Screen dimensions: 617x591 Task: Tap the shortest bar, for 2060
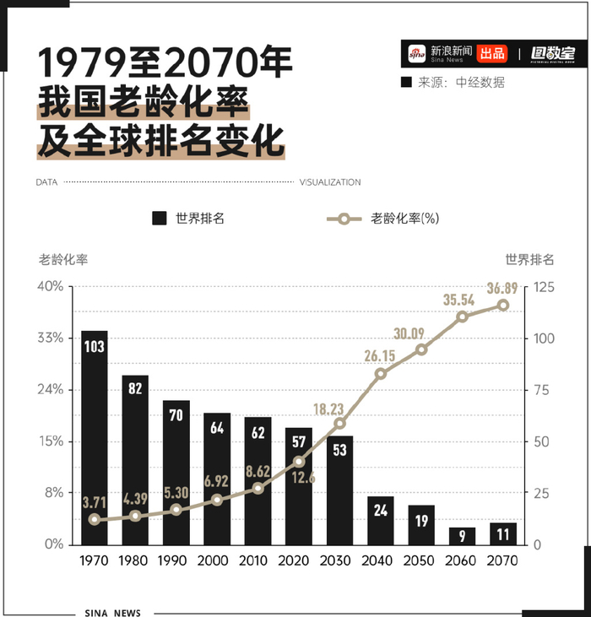(462, 536)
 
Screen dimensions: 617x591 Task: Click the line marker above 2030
(340, 423)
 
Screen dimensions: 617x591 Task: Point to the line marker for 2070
(503, 305)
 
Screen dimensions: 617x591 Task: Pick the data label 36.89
(503, 288)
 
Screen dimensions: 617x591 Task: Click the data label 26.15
(380, 355)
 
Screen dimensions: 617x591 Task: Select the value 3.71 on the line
(95, 503)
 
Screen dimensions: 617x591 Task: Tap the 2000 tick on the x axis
(217, 560)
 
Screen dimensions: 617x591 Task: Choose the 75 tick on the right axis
(540, 390)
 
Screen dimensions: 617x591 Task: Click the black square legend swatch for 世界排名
(159, 219)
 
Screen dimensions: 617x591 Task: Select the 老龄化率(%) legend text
(404, 219)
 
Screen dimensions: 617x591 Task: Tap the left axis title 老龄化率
(62, 259)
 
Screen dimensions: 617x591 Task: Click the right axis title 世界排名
(529, 259)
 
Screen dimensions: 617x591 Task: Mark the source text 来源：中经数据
(462, 82)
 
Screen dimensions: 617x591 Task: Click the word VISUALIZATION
(330, 182)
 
